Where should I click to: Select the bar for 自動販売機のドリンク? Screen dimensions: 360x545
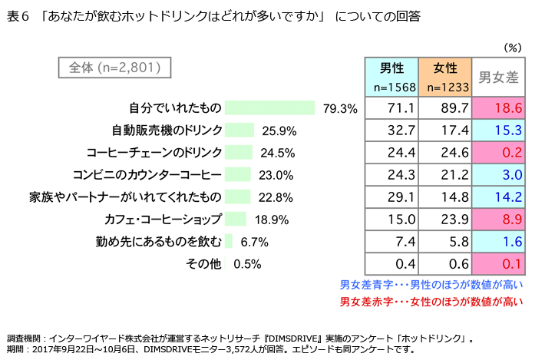tap(241, 130)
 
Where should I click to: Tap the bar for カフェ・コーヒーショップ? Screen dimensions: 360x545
tap(237, 220)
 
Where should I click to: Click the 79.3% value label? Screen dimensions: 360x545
tap(341, 108)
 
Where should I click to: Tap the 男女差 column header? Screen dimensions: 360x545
tap(500, 77)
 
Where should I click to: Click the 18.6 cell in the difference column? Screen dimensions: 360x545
tap(500, 108)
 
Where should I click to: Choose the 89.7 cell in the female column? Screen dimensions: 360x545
tap(445, 108)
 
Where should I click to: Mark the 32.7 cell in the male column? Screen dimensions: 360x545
tap(391, 130)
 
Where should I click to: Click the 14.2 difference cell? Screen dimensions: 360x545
tap(500, 197)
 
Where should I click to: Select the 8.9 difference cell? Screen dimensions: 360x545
tap(500, 220)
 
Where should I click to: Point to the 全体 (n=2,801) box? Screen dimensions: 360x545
tap(114, 68)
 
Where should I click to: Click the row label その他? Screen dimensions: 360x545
tap(203, 264)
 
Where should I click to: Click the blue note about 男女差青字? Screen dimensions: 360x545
tap(431, 284)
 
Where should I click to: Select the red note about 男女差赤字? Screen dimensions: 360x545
tap(431, 300)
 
